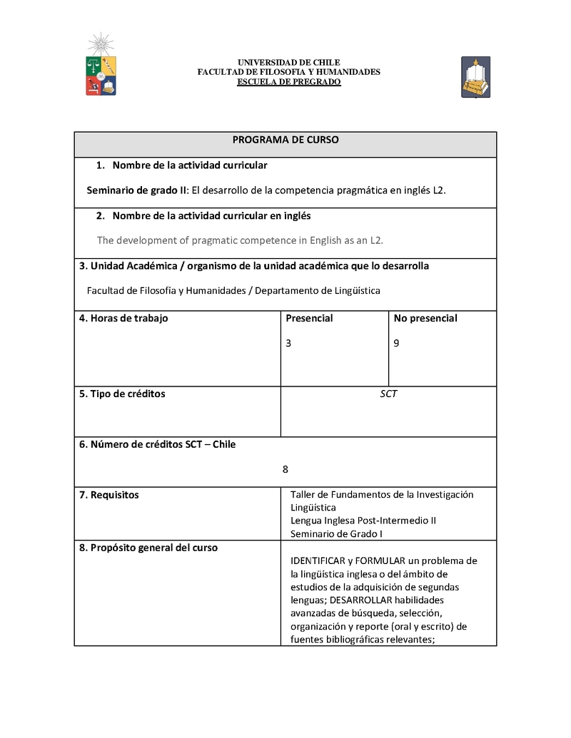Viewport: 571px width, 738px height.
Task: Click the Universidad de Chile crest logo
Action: click(x=101, y=66)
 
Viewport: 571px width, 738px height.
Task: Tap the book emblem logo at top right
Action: click(x=475, y=77)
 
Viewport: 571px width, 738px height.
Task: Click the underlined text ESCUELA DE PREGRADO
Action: click(x=288, y=82)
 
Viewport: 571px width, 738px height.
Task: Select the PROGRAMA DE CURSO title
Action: click(x=285, y=140)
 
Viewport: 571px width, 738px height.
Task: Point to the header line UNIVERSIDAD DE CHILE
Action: click(x=288, y=63)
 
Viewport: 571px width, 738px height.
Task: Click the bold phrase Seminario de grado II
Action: click(x=136, y=190)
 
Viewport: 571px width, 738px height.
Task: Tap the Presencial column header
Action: click(x=309, y=318)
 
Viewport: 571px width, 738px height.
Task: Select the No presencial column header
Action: click(x=425, y=318)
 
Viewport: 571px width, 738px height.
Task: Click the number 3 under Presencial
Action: click(x=288, y=343)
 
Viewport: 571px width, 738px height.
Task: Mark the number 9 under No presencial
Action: click(x=396, y=343)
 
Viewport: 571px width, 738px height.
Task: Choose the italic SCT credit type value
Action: click(x=388, y=394)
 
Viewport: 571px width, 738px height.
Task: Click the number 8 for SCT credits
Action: click(x=285, y=469)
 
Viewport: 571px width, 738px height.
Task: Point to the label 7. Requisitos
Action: click(x=108, y=495)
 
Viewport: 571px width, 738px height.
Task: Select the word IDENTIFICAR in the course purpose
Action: click(x=318, y=560)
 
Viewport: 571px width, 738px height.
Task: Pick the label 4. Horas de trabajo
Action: click(x=123, y=318)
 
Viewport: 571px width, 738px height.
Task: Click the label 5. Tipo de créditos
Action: click(x=121, y=394)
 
